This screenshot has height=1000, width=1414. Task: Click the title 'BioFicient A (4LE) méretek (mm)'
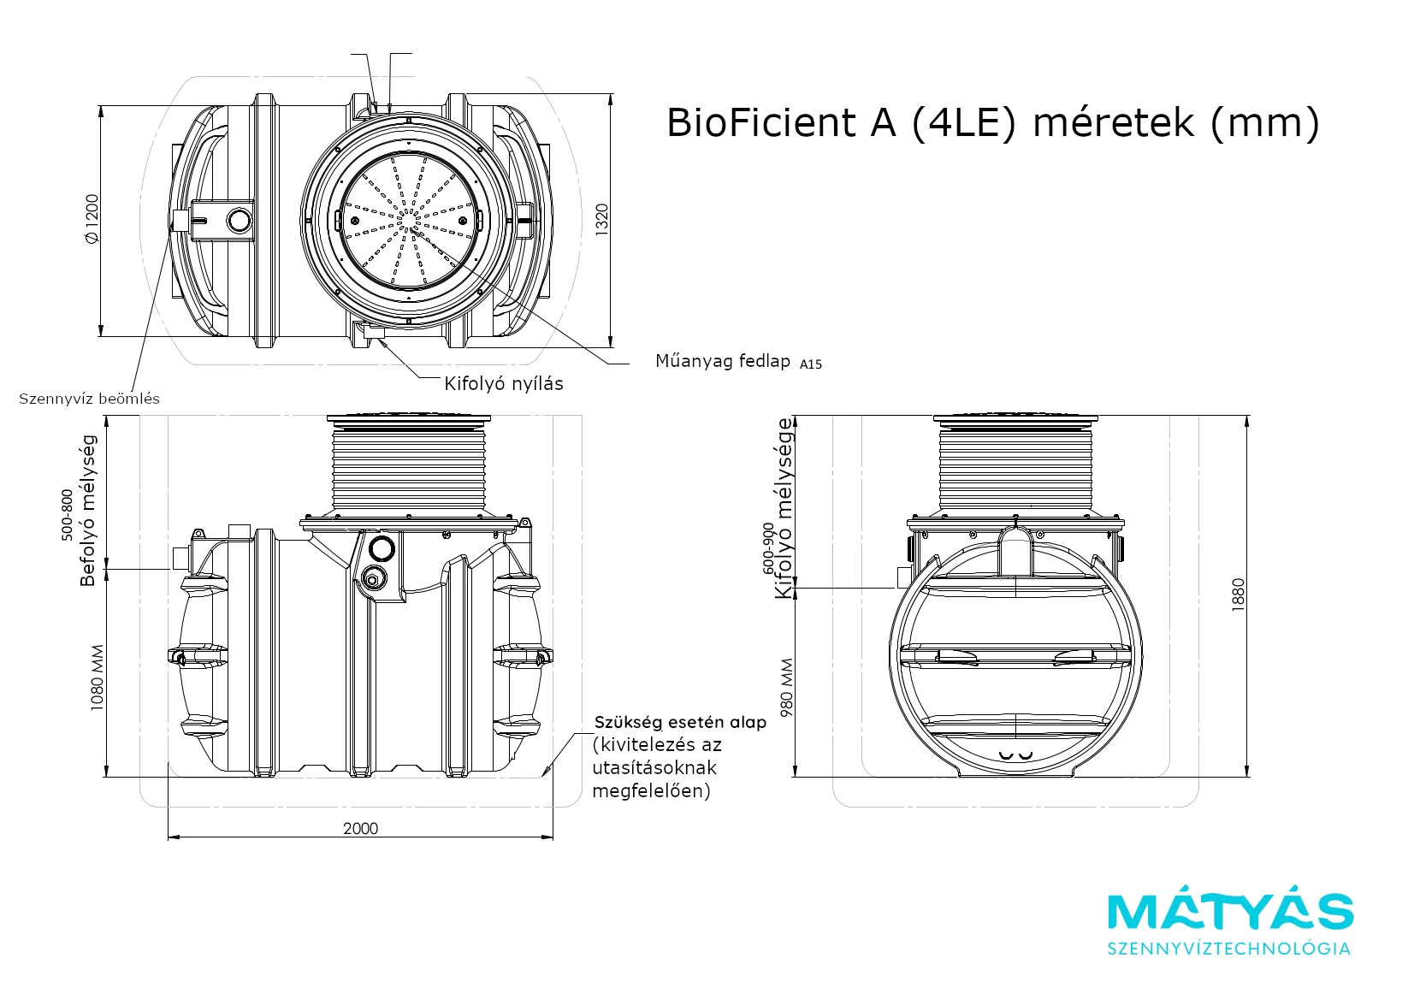click(992, 123)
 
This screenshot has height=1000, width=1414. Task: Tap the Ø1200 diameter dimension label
click(92, 219)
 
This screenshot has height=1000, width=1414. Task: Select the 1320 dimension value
click(601, 220)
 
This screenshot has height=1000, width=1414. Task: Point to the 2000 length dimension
click(360, 828)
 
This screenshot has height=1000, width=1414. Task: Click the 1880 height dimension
click(1238, 595)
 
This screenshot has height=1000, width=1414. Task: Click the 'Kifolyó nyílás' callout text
click(503, 383)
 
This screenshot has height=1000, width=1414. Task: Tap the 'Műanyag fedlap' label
click(723, 361)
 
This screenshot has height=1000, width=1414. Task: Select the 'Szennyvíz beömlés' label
click(90, 399)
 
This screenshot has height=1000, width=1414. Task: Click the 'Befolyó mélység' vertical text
click(88, 511)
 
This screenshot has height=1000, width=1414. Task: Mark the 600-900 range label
click(767, 547)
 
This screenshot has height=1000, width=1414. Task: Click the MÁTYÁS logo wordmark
click(1230, 912)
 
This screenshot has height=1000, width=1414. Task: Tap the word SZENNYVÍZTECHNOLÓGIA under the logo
click(1229, 949)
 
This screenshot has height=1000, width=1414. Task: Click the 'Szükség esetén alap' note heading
click(680, 722)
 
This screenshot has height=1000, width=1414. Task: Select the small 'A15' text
click(811, 364)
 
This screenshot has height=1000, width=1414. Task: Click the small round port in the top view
click(240, 221)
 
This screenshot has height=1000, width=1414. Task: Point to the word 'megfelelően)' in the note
click(651, 790)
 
